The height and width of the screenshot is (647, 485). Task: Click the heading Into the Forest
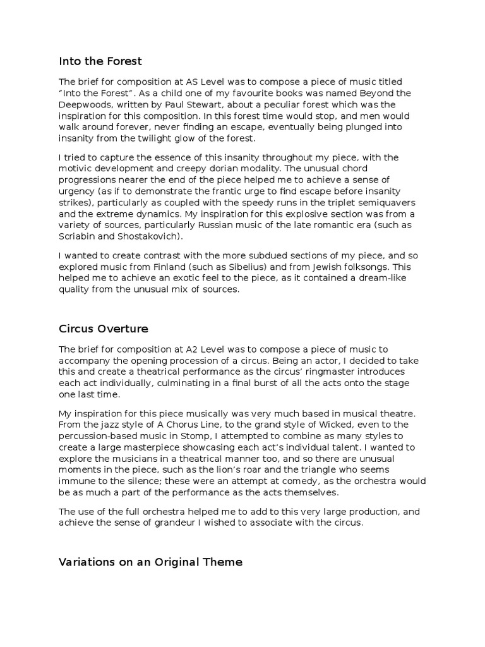point(100,61)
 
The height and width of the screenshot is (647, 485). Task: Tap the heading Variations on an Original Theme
point(150,562)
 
